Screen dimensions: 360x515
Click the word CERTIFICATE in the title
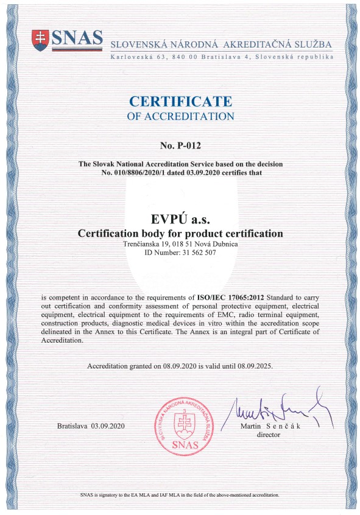[180, 101]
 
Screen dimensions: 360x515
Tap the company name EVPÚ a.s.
[180, 219]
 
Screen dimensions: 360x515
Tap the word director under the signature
[268, 435]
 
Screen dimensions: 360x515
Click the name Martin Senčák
[269, 426]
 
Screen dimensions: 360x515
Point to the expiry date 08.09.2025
[252, 367]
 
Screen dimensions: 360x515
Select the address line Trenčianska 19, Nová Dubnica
[180, 244]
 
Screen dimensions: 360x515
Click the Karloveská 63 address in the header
[222, 57]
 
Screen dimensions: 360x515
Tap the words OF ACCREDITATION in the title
[180, 116]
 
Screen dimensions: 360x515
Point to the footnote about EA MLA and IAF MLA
[180, 496]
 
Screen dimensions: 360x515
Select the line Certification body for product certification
[180, 233]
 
